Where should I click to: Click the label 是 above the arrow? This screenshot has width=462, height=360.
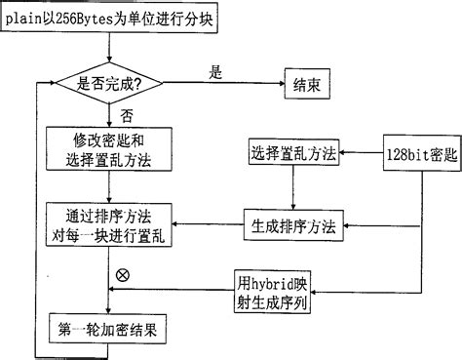216,70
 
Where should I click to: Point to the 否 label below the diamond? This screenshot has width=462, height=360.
127,115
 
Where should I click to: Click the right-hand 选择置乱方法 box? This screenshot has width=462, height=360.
292,154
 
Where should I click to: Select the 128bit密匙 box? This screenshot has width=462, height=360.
416,154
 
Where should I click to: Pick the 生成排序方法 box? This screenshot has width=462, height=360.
292,225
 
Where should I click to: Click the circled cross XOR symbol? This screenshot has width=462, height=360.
122,276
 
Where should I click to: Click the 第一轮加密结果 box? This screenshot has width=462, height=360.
106,331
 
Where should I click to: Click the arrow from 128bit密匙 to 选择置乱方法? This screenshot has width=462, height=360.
361,154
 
